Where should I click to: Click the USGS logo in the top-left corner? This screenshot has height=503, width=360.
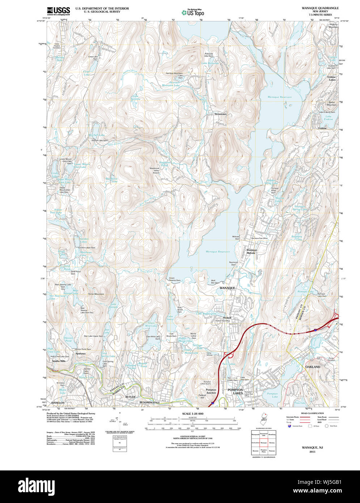[58, 10]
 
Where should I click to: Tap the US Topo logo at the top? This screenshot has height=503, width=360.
[193, 12]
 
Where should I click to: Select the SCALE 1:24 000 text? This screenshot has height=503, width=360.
[192, 414]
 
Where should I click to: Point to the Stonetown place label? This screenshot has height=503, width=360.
[220, 114]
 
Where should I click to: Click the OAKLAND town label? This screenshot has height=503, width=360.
[313, 367]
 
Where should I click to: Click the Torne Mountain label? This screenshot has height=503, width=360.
[96, 294]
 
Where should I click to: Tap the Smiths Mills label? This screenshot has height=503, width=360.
[59, 361]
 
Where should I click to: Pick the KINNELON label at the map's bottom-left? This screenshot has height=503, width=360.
[58, 402]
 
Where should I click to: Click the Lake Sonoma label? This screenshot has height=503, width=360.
[135, 97]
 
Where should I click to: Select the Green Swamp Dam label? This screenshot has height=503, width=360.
[174, 279]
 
